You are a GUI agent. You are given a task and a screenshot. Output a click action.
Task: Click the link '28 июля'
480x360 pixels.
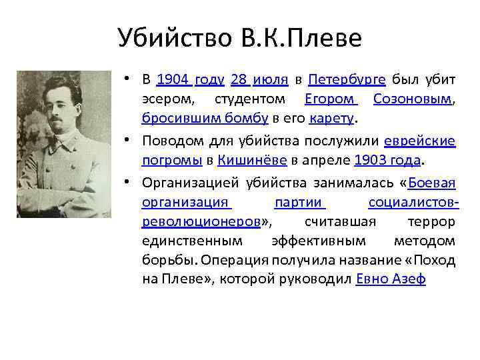coord(259,80)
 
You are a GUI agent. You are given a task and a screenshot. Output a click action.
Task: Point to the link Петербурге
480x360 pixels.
coord(347,80)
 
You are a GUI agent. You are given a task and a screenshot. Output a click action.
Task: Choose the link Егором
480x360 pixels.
coord(331,100)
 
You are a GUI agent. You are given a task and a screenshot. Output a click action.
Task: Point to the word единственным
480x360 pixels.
coord(192,241)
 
